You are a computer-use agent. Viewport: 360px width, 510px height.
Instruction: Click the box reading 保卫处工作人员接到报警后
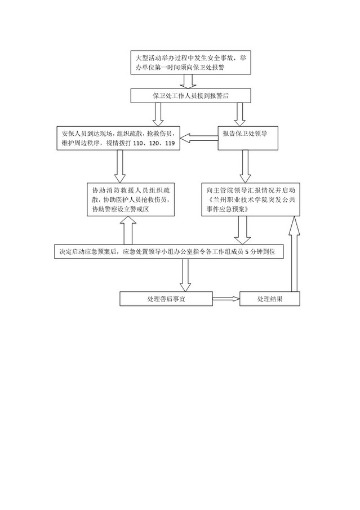(190, 96)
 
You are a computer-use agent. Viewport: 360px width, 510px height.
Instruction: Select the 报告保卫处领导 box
(248, 138)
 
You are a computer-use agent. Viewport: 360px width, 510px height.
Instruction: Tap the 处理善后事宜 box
(166, 299)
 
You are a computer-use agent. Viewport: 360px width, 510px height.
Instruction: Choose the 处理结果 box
(270, 299)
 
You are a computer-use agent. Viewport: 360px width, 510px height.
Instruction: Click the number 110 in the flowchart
(139, 143)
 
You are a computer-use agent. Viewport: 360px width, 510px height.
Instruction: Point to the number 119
(170, 143)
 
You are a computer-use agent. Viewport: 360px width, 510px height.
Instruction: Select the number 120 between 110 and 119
(154, 143)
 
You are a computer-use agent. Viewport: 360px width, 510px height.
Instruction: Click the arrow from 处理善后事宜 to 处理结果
(226, 299)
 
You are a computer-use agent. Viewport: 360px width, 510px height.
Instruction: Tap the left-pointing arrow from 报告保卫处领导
(199, 139)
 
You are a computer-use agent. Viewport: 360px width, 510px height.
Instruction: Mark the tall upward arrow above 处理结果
(294, 254)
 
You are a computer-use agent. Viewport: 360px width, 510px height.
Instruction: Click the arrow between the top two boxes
(188, 81)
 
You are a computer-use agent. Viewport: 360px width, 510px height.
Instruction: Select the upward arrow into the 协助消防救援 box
(128, 230)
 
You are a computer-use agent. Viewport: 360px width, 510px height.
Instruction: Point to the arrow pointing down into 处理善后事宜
(185, 275)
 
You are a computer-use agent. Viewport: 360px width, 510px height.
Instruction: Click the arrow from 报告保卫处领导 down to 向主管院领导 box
(245, 167)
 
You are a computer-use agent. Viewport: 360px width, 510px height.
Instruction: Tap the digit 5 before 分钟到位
(247, 252)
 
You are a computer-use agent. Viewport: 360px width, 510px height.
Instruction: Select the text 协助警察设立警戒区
(120, 209)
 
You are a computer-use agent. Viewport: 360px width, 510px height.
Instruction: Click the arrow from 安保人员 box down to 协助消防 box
(120, 167)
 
